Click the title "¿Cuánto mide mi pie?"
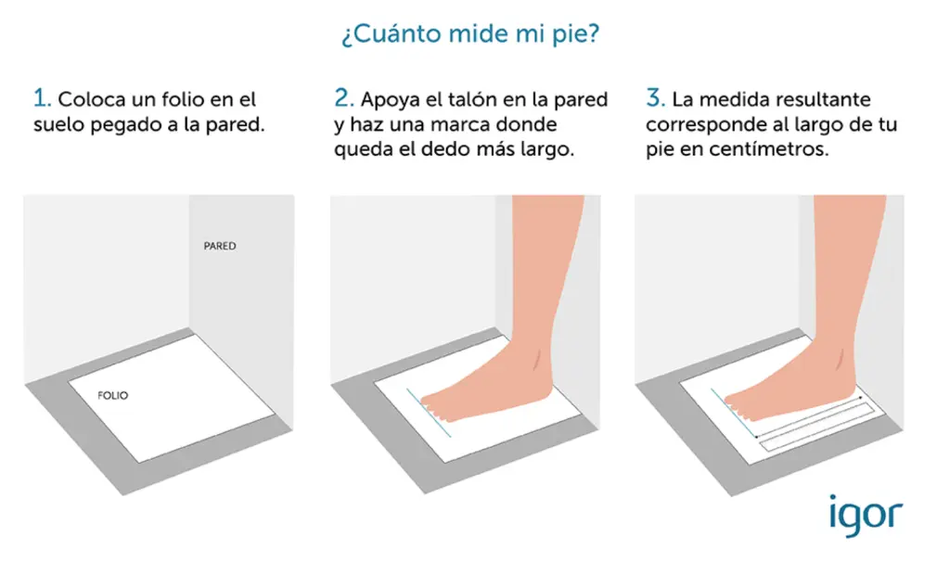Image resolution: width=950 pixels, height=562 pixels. [470, 34]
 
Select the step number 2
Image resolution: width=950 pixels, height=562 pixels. [343, 98]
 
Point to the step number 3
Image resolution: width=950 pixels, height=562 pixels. [655, 98]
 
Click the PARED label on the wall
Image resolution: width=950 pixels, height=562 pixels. [219, 246]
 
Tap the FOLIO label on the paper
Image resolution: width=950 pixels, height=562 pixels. [112, 395]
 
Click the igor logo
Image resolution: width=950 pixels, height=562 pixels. [866, 516]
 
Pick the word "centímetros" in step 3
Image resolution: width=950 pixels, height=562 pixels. [768, 149]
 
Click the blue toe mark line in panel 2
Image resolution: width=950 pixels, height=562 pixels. [429, 413]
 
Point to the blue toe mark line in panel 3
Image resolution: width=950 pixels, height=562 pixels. [734, 413]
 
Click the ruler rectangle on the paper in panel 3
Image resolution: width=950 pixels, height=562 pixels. [817, 427]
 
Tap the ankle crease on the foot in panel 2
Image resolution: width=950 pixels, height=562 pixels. [537, 360]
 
